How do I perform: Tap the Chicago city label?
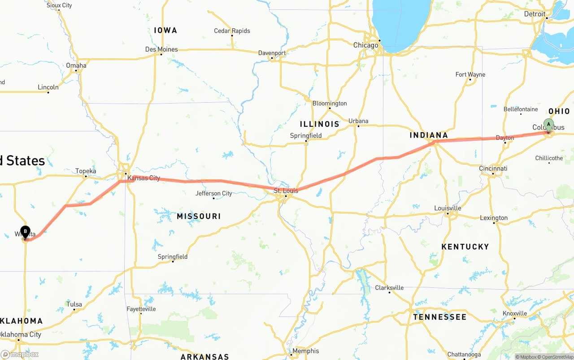(365, 45)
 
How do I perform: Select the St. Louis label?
(286, 191)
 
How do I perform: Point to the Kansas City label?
(143, 178)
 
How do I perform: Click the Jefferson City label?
(213, 193)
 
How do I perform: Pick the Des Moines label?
(161, 49)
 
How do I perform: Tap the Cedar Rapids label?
(232, 31)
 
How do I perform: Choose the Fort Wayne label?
(470, 74)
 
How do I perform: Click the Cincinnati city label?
(493, 169)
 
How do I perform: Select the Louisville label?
(448, 208)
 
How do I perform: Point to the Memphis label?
(305, 351)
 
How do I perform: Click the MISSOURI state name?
(199, 216)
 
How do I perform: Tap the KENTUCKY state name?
(465, 247)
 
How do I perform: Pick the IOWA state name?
(165, 30)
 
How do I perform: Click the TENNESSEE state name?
(439, 317)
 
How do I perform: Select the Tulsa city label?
(74, 304)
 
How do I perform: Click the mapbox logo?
(19, 354)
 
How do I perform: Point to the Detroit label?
(535, 14)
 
